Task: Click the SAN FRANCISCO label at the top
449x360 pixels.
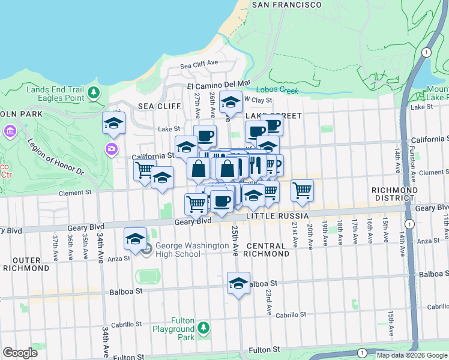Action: click(x=286, y=5)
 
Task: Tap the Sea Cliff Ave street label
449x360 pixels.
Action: click(x=199, y=62)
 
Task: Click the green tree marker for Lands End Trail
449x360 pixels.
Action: click(x=94, y=92)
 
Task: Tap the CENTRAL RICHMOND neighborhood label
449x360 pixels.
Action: click(x=268, y=250)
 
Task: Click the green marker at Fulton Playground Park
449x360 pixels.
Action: click(x=203, y=328)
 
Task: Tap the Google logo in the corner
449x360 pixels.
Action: click(x=20, y=353)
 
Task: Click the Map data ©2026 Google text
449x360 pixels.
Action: click(x=412, y=355)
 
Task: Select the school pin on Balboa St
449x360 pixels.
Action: click(x=238, y=284)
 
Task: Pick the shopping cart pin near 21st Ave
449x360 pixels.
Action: click(x=302, y=191)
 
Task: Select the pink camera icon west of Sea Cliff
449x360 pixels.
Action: click(x=112, y=149)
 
